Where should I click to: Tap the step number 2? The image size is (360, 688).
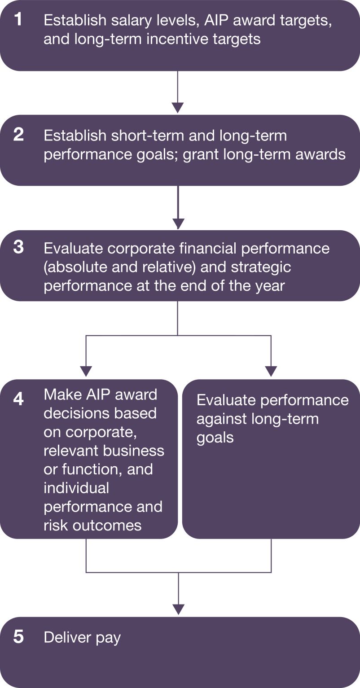[x=18, y=135]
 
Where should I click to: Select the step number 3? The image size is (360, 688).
[x=18, y=247]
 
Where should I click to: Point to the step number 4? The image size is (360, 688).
[x=19, y=399]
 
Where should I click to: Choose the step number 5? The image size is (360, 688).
[x=19, y=636]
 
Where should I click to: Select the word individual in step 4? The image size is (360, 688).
[x=76, y=488]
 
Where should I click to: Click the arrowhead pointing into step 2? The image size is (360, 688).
[x=178, y=108]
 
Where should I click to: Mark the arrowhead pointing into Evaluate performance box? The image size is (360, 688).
[x=271, y=371]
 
